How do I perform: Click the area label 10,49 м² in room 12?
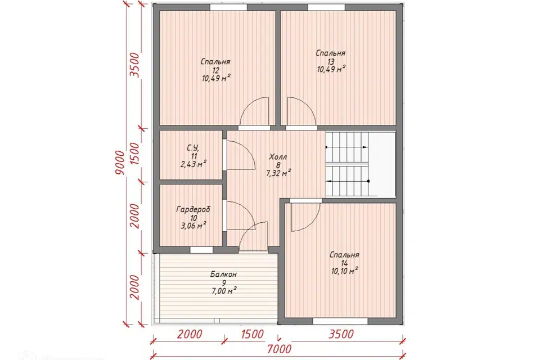216,78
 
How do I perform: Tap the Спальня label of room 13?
331,53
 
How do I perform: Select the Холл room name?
278,157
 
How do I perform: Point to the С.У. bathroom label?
193,148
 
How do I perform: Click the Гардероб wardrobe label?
193,209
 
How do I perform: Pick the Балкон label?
223,274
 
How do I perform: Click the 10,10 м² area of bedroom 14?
344,271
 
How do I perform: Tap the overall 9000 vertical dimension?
119,162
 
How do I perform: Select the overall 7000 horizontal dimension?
279,349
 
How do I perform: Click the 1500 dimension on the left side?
136,154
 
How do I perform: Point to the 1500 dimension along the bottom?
253,334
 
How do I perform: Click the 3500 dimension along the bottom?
341,334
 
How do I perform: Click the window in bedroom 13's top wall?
326,7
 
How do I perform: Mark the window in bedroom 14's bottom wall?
340,321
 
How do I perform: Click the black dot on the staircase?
368,181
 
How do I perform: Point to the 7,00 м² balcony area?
224,291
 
